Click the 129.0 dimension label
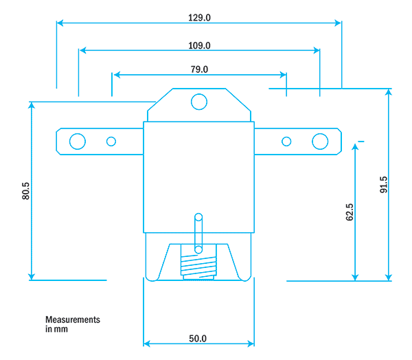pos(199,19)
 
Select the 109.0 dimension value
pos(199,46)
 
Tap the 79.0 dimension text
pos(199,69)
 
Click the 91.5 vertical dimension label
pos(383,185)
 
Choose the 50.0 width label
pos(198,339)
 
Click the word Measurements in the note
pos(73,320)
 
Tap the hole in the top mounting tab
pos(199,102)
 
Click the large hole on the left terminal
pos(77,142)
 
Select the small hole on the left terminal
pos(111,142)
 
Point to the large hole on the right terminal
pos(320,142)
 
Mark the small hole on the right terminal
pos(286,142)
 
